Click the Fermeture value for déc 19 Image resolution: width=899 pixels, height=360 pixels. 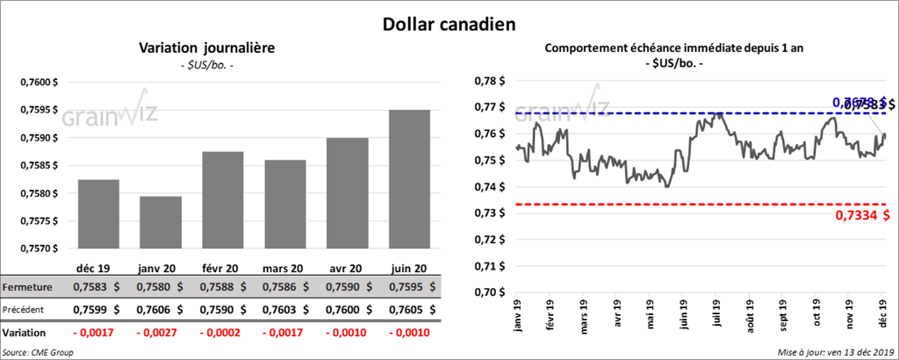tap(98, 286)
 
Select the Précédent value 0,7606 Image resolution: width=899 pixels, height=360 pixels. tap(159, 309)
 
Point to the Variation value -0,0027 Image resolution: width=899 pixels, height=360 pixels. tap(159, 334)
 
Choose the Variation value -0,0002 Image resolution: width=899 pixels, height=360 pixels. tap(220, 334)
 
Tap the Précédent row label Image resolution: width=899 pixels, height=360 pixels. tap(27, 309)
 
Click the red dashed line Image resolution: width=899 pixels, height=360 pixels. tap(667, 204)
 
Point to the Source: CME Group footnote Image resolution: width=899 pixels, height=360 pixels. tap(39, 352)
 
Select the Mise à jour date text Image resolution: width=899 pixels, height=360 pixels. tap(835, 352)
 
